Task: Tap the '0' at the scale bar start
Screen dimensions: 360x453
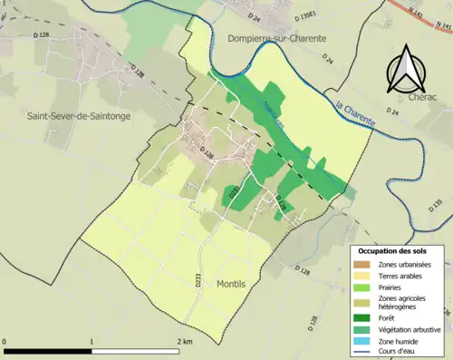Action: (x=6, y=342)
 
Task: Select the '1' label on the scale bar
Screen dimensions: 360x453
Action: (x=92, y=342)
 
